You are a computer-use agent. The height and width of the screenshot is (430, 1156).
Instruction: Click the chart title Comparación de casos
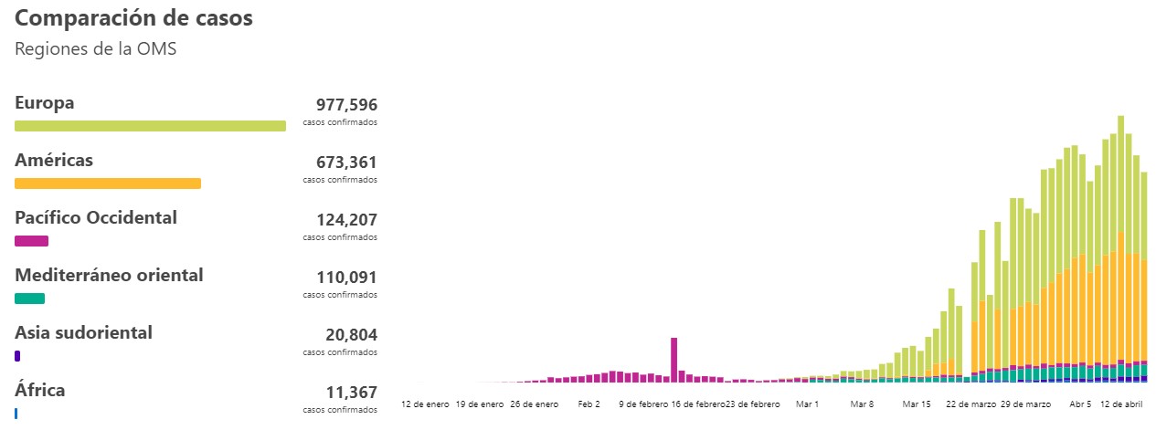pyautogui.click(x=133, y=18)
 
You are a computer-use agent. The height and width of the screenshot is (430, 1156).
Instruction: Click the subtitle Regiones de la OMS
pyautogui.click(x=95, y=49)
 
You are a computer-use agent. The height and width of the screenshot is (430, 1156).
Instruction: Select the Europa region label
pyautogui.click(x=45, y=103)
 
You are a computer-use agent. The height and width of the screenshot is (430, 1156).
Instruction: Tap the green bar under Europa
pyautogui.click(x=150, y=126)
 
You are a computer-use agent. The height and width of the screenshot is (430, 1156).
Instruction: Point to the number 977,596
pyautogui.click(x=346, y=105)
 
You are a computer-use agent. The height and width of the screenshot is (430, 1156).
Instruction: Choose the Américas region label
pyautogui.click(x=54, y=161)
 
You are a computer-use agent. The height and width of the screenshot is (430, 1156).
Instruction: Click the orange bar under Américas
pyautogui.click(x=108, y=184)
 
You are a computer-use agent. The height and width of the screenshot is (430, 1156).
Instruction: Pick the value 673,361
pyautogui.click(x=346, y=163)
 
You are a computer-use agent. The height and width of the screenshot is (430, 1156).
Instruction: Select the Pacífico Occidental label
pyautogui.click(x=96, y=218)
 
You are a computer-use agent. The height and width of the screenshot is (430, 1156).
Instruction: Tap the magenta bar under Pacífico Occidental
pyautogui.click(x=32, y=241)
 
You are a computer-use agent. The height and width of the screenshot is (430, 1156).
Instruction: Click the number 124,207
pyautogui.click(x=346, y=220)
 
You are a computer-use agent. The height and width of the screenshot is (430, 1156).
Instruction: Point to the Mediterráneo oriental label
pyautogui.click(x=109, y=276)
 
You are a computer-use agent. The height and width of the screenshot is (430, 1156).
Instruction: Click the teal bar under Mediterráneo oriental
pyautogui.click(x=30, y=299)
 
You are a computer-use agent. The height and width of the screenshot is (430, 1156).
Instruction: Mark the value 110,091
pyautogui.click(x=346, y=278)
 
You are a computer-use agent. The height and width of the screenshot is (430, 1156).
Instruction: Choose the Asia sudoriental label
pyautogui.click(x=83, y=333)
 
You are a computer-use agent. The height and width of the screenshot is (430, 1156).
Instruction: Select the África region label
pyautogui.click(x=40, y=391)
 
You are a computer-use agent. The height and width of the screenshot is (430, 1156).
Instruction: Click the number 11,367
pyautogui.click(x=351, y=393)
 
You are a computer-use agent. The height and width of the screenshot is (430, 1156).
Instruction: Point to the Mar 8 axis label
pyautogui.click(x=861, y=404)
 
